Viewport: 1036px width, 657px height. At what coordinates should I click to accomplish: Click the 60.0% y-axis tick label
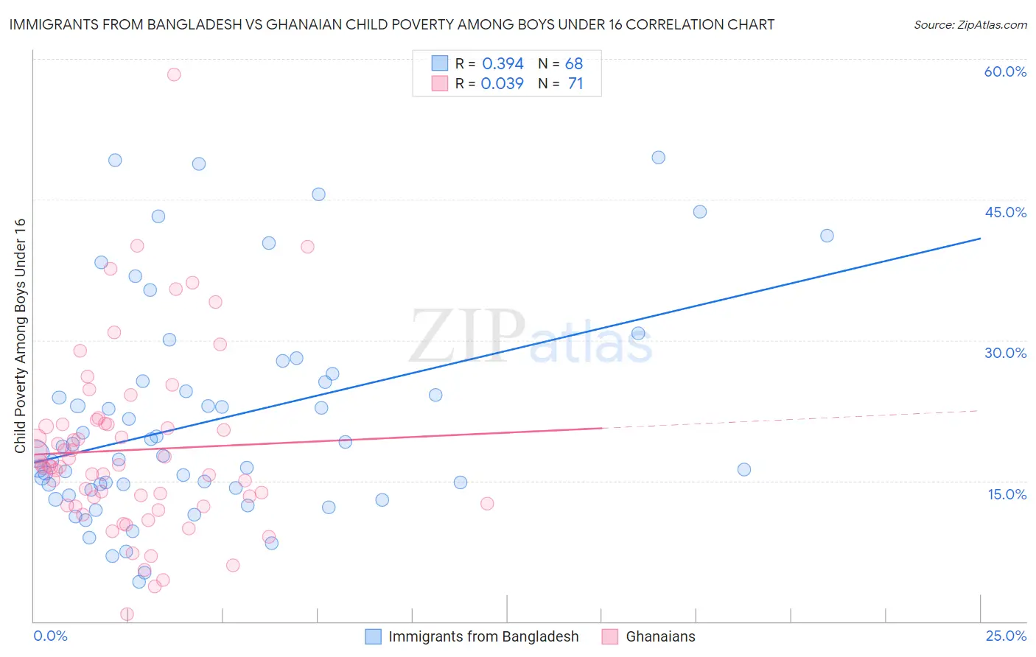(1005, 71)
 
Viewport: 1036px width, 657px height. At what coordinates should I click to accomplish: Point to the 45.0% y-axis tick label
(1005, 212)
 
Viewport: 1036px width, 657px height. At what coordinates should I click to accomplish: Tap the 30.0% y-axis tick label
(1005, 353)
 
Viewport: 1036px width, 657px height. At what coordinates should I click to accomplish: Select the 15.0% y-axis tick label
(1007, 493)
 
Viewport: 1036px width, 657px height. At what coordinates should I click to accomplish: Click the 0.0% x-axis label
(50, 636)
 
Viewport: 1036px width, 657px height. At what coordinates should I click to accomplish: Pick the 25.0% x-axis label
(1006, 636)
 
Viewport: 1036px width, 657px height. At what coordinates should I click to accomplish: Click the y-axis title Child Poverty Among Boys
(20, 336)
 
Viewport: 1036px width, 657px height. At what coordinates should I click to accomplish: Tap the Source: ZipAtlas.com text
(970, 24)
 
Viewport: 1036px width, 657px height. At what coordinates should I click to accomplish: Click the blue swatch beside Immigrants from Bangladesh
(374, 636)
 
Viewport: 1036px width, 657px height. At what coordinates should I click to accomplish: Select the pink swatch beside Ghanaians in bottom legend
(610, 636)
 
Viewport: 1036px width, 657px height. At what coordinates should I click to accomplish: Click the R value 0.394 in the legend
(503, 64)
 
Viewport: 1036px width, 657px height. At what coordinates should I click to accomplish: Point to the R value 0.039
(502, 84)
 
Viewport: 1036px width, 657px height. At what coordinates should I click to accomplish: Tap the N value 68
(574, 64)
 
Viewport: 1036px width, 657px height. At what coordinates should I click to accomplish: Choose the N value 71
(575, 84)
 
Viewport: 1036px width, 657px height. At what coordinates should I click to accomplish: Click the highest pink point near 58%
(174, 74)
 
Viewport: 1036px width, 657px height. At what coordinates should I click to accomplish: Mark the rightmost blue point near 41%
(827, 236)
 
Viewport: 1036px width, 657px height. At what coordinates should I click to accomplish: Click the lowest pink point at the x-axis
(127, 614)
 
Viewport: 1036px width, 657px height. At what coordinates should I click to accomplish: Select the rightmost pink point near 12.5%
(487, 504)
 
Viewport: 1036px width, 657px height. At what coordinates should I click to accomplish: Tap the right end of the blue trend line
(980, 238)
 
